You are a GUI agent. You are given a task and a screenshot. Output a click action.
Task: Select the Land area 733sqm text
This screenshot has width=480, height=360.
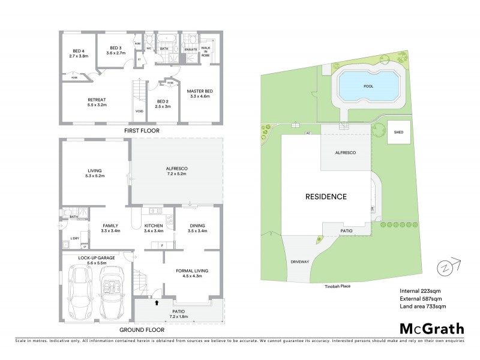pyautogui.click(x=423, y=306)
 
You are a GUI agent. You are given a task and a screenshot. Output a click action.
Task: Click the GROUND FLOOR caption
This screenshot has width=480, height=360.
pyautogui.click(x=142, y=330)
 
